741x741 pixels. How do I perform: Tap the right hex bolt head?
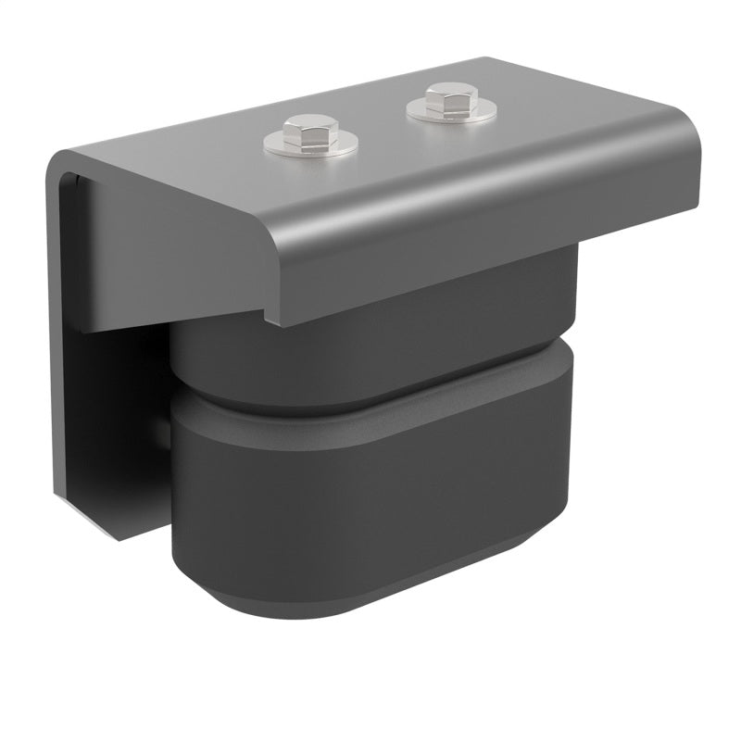click(x=450, y=97)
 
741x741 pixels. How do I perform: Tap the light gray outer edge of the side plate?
click(x=53, y=324)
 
